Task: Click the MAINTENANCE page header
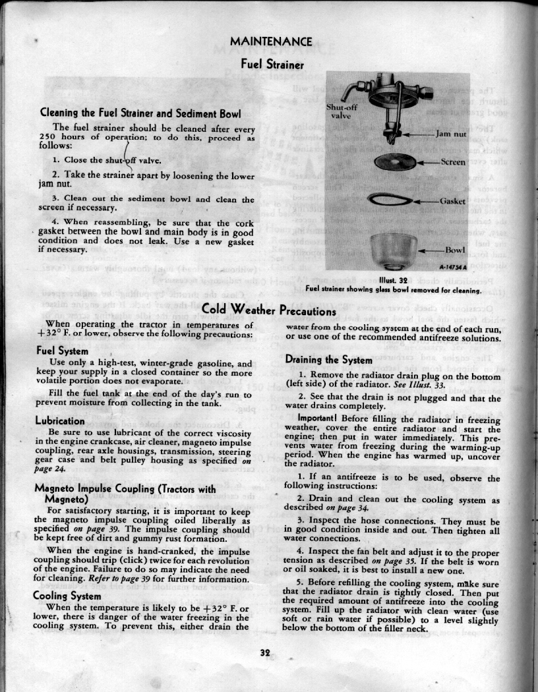tap(271, 42)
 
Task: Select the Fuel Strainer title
tap(272, 64)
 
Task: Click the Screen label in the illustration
tap(453, 161)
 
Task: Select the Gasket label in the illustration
tap(453, 200)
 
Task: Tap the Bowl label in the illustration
tap(455, 250)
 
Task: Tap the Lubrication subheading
tap(59, 420)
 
